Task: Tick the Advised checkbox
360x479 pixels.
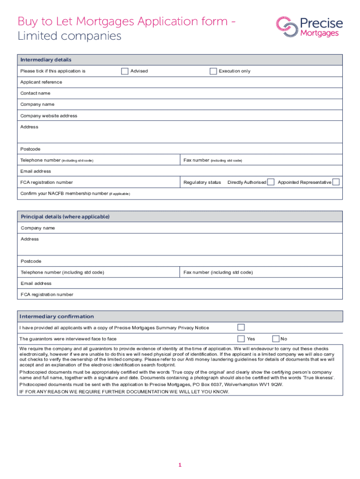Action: [124, 71]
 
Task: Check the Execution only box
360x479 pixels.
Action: [213, 71]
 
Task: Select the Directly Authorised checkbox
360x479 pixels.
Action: [271, 182]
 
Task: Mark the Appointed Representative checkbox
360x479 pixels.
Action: [336, 182]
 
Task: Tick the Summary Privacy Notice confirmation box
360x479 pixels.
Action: [241, 327]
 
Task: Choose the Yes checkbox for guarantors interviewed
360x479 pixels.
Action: [241, 339]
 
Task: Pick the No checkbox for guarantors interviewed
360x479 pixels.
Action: [276, 339]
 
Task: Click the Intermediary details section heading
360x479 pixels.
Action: [46, 60]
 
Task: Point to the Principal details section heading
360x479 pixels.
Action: [65, 217]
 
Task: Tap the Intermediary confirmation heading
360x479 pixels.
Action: [56, 316]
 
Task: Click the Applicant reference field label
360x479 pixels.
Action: [41, 82]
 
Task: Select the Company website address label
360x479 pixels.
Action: [49, 116]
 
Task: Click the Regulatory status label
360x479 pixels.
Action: [202, 182]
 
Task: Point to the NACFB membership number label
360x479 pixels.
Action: [65, 194]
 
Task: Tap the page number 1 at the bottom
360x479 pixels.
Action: [180, 465]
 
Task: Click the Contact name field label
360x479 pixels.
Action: [35, 93]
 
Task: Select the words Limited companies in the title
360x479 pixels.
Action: [69, 36]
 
